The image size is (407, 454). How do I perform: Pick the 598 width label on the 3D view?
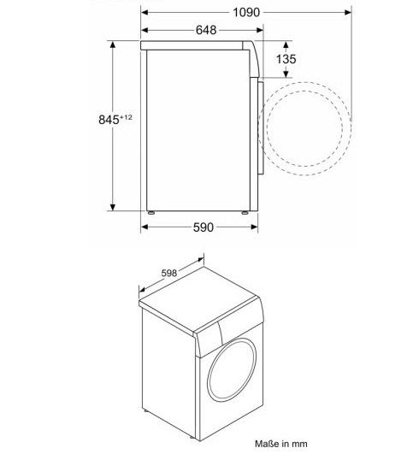(171, 272)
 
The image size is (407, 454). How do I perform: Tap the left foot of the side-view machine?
(150, 210)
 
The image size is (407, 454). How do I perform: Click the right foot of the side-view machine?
(248, 210)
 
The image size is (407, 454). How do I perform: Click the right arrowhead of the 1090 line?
(347, 13)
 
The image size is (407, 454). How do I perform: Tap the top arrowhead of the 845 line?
(113, 43)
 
